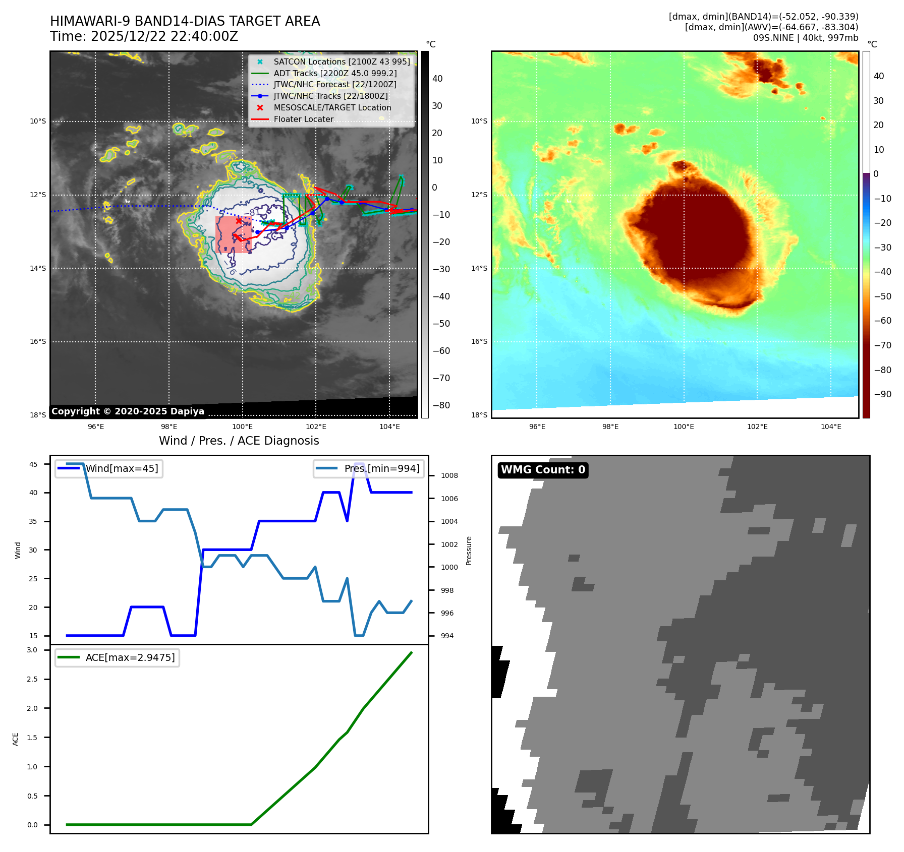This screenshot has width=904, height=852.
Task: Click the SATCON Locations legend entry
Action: [342, 62]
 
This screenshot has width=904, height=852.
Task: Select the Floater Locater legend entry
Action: [303, 119]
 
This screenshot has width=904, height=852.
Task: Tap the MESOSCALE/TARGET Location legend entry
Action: [332, 107]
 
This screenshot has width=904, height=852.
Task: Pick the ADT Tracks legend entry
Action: [335, 73]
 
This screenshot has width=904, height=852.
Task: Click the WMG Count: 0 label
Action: [543, 470]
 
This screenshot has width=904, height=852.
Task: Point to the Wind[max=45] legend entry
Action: [122, 468]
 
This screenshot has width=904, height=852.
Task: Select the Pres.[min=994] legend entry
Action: [381, 468]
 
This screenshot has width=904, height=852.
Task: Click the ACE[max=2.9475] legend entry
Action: [130, 657]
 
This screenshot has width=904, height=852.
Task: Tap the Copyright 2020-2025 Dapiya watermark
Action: [128, 411]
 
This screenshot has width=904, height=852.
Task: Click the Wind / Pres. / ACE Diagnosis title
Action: [239, 441]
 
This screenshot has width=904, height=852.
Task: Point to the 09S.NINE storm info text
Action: [805, 38]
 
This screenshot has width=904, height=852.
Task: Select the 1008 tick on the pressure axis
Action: [449, 475]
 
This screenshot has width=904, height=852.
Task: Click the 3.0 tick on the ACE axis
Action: [32, 650]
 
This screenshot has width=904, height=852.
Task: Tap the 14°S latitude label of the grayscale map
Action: [38, 268]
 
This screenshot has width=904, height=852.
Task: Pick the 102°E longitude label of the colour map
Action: [757, 427]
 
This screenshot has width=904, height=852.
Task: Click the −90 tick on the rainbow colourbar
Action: [882, 394]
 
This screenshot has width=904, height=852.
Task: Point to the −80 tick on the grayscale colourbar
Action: [441, 405]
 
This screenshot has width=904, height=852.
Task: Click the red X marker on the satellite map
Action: [239, 221]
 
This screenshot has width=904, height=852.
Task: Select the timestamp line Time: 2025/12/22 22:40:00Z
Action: [144, 36]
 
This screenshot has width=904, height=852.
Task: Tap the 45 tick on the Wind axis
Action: [33, 464]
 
